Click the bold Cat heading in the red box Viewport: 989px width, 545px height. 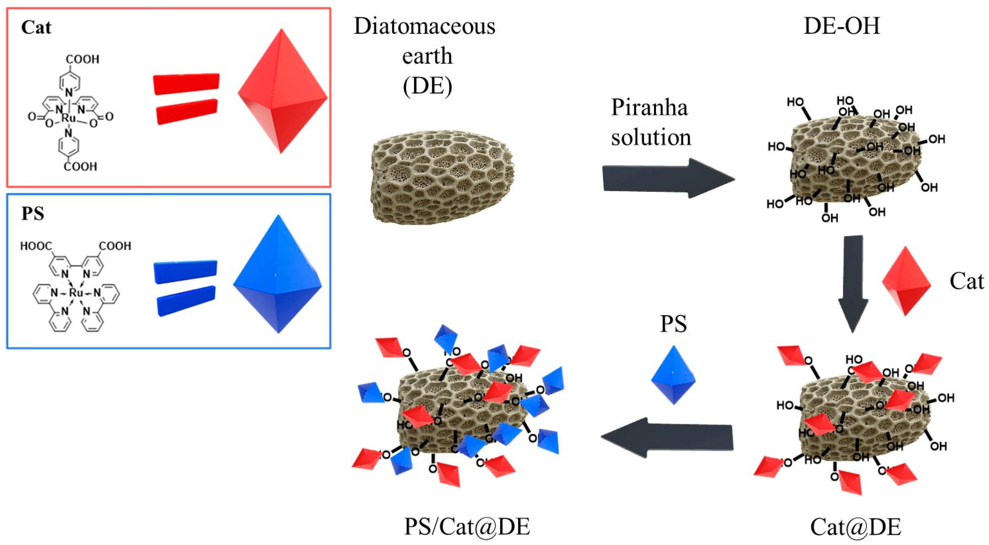pyautogui.click(x=36, y=27)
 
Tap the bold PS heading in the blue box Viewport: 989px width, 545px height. pyautogui.click(x=33, y=213)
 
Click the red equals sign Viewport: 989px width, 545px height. pyautogui.click(x=186, y=99)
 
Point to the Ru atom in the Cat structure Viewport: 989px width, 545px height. pyautogui.click(x=69, y=118)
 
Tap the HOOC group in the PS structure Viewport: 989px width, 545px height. pyautogui.click(x=36, y=246)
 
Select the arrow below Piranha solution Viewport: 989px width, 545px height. pyautogui.click(x=668, y=178)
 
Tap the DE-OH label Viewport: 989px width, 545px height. pyautogui.click(x=842, y=26)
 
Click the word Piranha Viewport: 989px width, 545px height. pyautogui.click(x=649, y=107)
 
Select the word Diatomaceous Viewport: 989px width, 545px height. pyautogui.click(x=424, y=26)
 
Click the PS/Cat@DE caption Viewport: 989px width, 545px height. pyautogui.click(x=467, y=526)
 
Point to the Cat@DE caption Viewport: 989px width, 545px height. pyautogui.click(x=855, y=527)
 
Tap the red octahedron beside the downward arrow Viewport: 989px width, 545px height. pyautogui.click(x=906, y=281)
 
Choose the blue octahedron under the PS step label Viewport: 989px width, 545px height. pyautogui.click(x=673, y=375)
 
